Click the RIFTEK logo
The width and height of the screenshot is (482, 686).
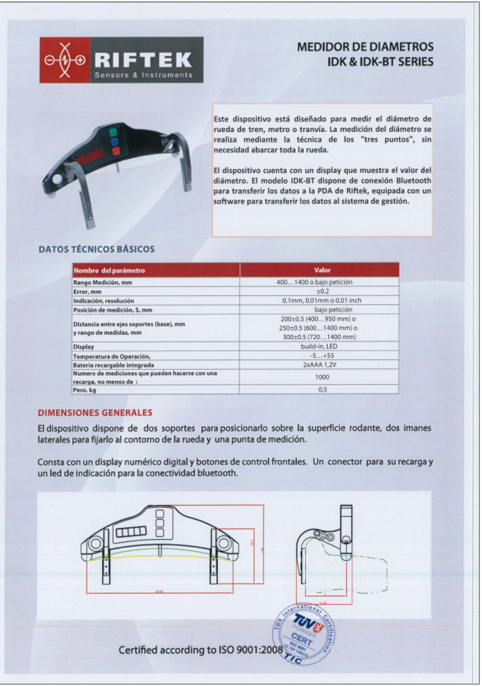[x=121, y=60]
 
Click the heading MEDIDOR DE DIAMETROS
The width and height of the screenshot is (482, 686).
[x=365, y=47]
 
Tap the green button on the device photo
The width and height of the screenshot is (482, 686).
[x=113, y=132]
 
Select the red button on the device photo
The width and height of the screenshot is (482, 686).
[x=116, y=151]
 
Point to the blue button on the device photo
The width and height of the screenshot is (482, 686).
[x=114, y=142]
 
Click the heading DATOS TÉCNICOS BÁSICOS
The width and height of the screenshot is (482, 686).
[x=96, y=249]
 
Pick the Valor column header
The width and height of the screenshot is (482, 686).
[x=322, y=270]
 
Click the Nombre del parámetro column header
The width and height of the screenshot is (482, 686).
[x=109, y=270]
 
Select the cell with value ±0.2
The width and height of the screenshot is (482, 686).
[x=322, y=291]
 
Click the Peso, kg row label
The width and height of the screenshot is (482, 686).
[x=84, y=390]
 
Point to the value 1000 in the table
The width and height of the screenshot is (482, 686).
[x=322, y=377]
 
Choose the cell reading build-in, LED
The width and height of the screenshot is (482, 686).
[x=319, y=346]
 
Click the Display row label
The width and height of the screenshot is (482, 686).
[x=83, y=347]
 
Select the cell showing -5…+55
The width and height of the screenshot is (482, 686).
[x=322, y=356]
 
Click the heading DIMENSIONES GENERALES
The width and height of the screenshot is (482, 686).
[x=95, y=412]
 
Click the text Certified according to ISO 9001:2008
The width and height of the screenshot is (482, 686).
[x=201, y=650]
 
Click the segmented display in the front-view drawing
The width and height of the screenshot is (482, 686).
[x=131, y=532]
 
